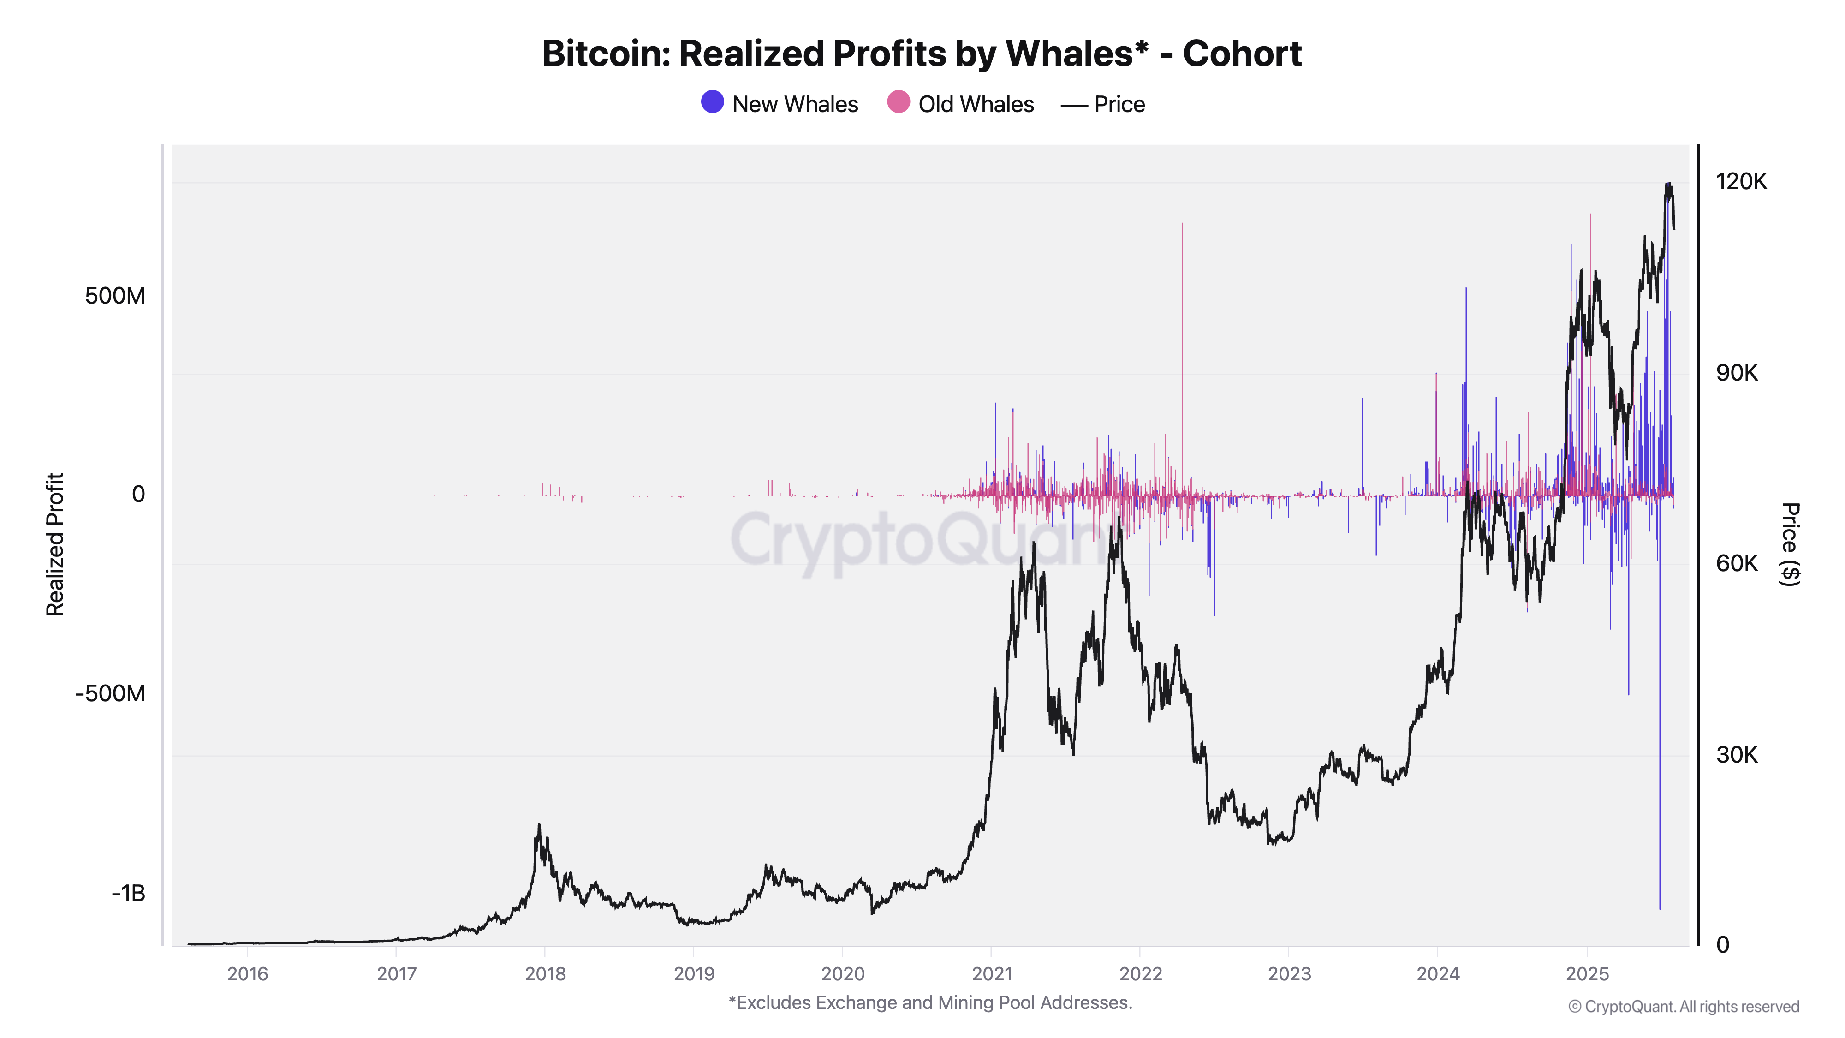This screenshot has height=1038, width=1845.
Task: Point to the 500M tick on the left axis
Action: click(114, 296)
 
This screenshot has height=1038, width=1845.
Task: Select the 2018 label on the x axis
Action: click(545, 973)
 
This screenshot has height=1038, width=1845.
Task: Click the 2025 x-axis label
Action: click(1587, 973)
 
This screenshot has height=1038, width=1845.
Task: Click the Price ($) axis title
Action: click(1790, 544)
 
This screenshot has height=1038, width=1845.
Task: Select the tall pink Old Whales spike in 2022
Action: click(1183, 322)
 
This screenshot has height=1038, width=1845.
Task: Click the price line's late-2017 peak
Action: click(539, 826)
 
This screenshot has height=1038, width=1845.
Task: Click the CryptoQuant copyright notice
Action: click(1683, 1007)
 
